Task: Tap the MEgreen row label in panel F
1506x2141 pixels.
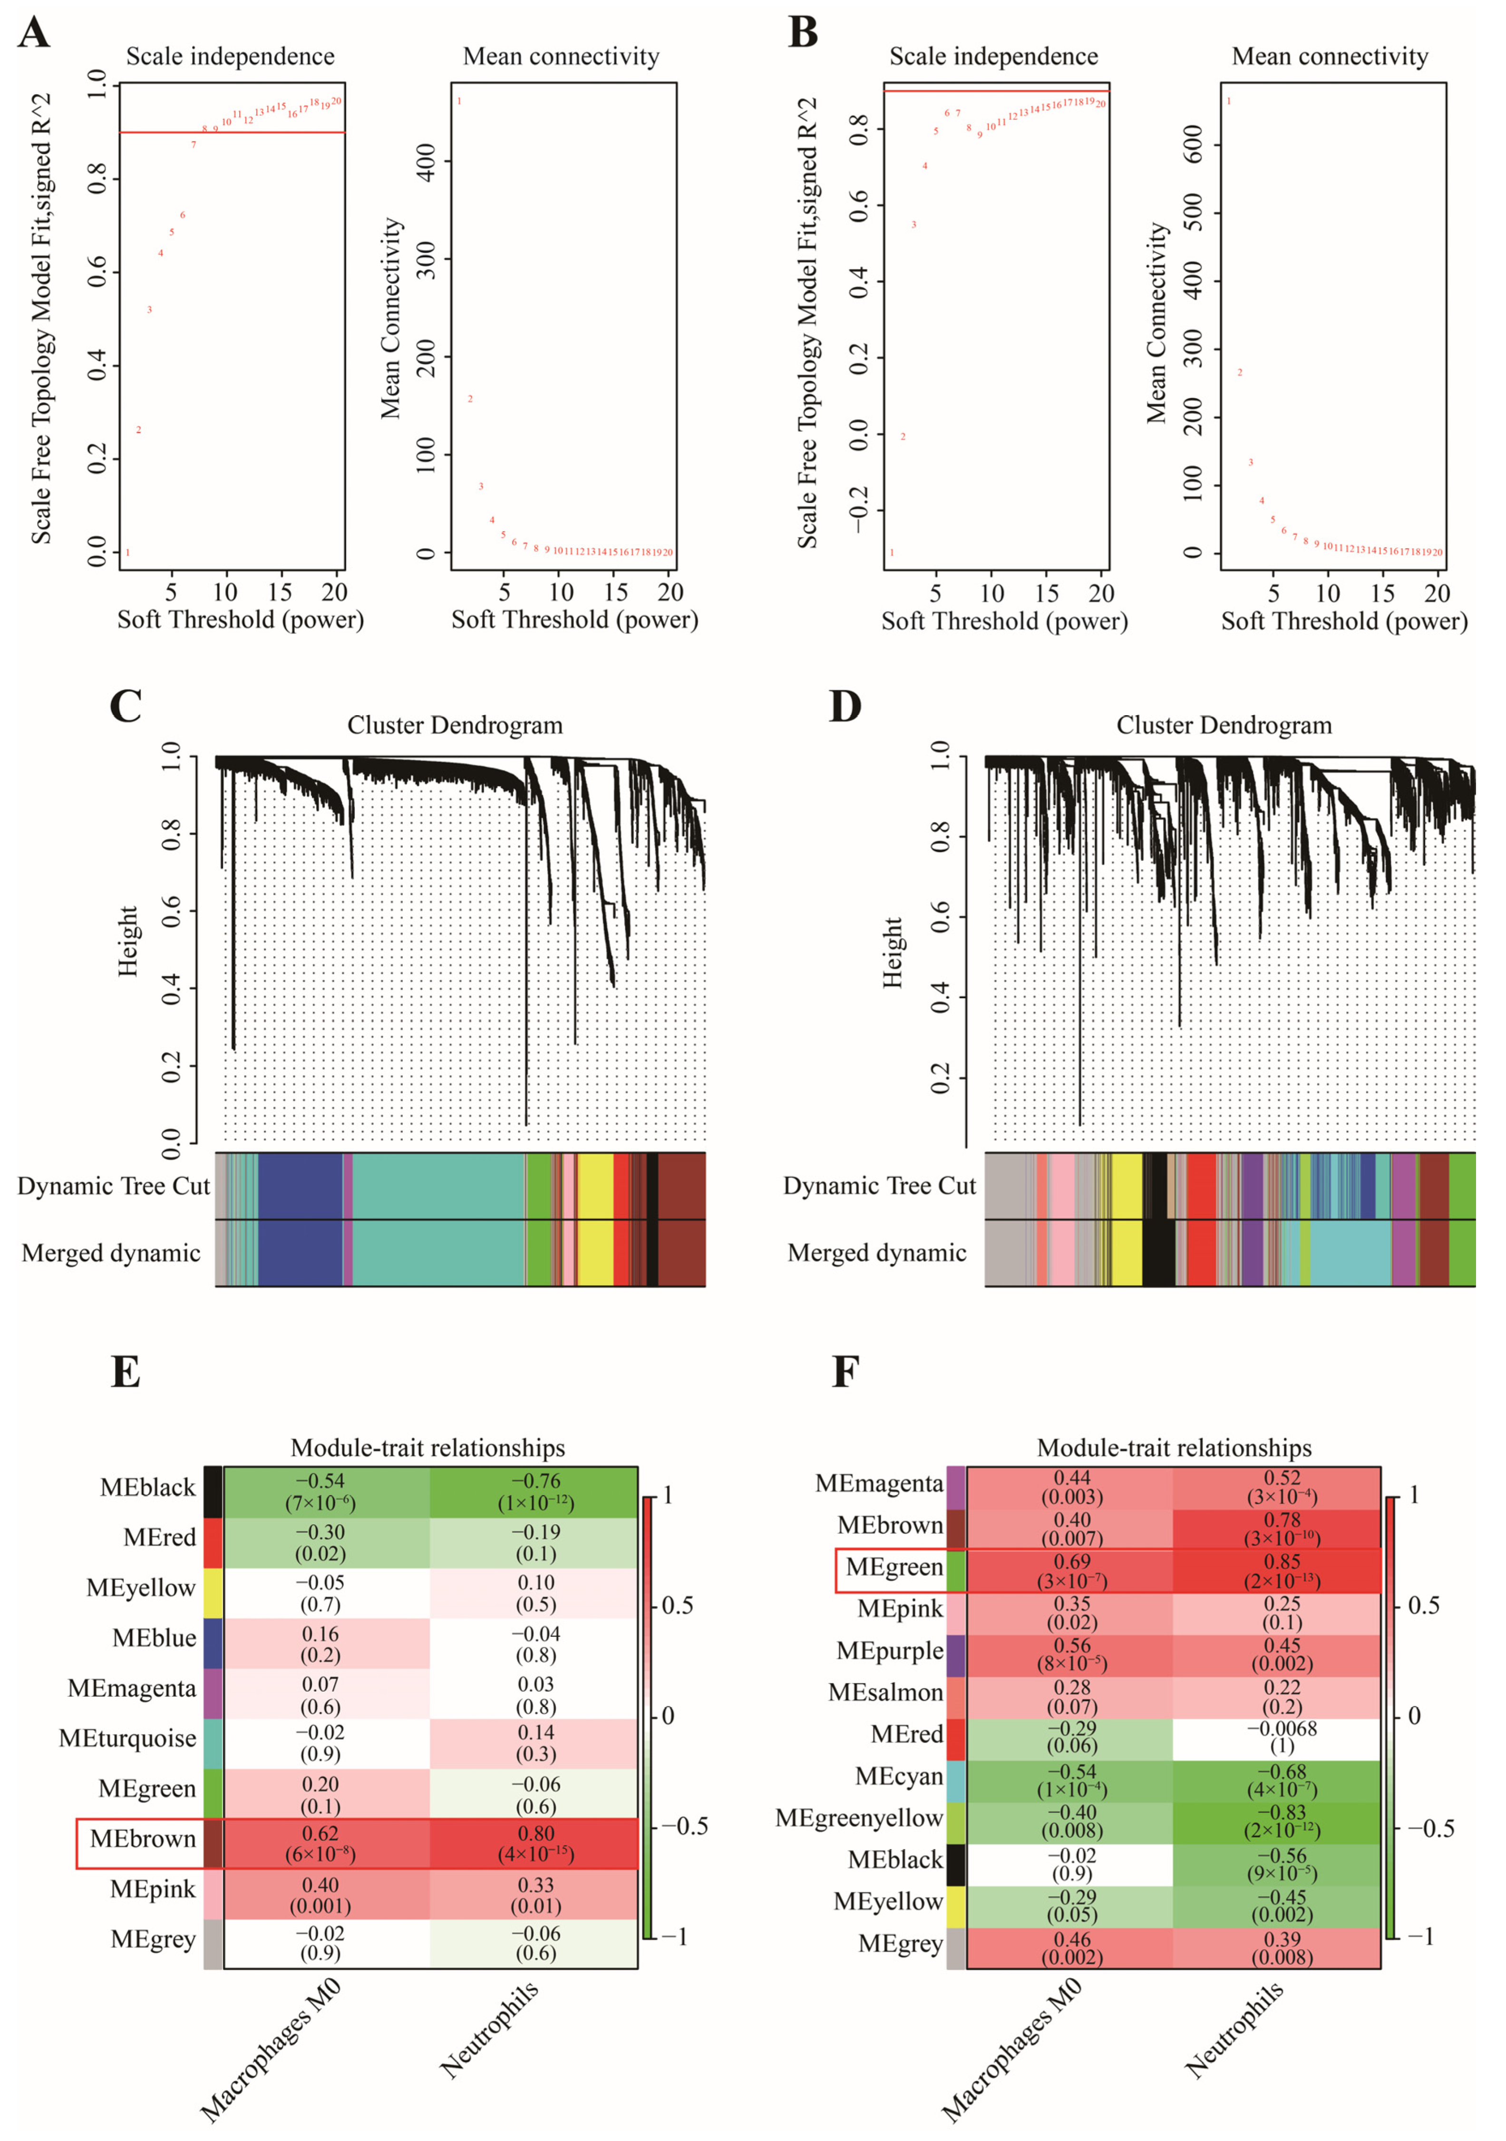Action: coord(894,1567)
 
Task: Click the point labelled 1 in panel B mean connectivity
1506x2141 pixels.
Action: coord(1229,101)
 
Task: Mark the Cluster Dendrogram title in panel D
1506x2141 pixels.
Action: coord(1224,726)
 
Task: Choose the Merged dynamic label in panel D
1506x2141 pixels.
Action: coord(876,1252)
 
